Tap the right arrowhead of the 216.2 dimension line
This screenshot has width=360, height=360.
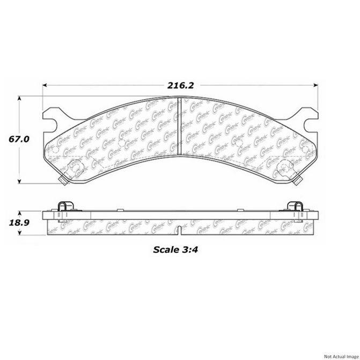pos(316,84)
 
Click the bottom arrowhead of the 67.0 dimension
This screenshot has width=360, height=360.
pos(20,181)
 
